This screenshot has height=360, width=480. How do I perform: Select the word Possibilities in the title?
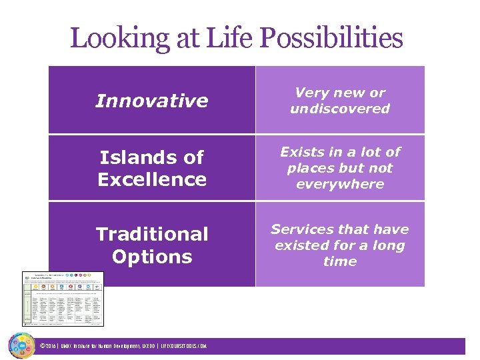(x=331, y=39)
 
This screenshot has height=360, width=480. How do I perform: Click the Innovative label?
(x=151, y=101)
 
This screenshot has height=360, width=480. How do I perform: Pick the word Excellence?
(x=151, y=179)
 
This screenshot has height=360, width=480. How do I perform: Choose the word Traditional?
(x=151, y=234)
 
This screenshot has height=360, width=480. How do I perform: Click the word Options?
(x=151, y=257)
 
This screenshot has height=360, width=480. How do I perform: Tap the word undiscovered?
(x=339, y=109)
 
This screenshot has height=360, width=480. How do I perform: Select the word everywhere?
(x=339, y=184)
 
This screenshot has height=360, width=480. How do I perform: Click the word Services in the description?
(x=303, y=229)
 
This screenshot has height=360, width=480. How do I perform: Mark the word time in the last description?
(x=339, y=261)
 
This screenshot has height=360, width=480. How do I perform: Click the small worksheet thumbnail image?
(x=63, y=298)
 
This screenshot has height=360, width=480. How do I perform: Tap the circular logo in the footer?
(x=21, y=345)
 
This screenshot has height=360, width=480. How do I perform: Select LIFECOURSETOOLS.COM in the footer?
(x=184, y=346)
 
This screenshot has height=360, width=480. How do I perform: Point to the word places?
(x=311, y=168)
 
